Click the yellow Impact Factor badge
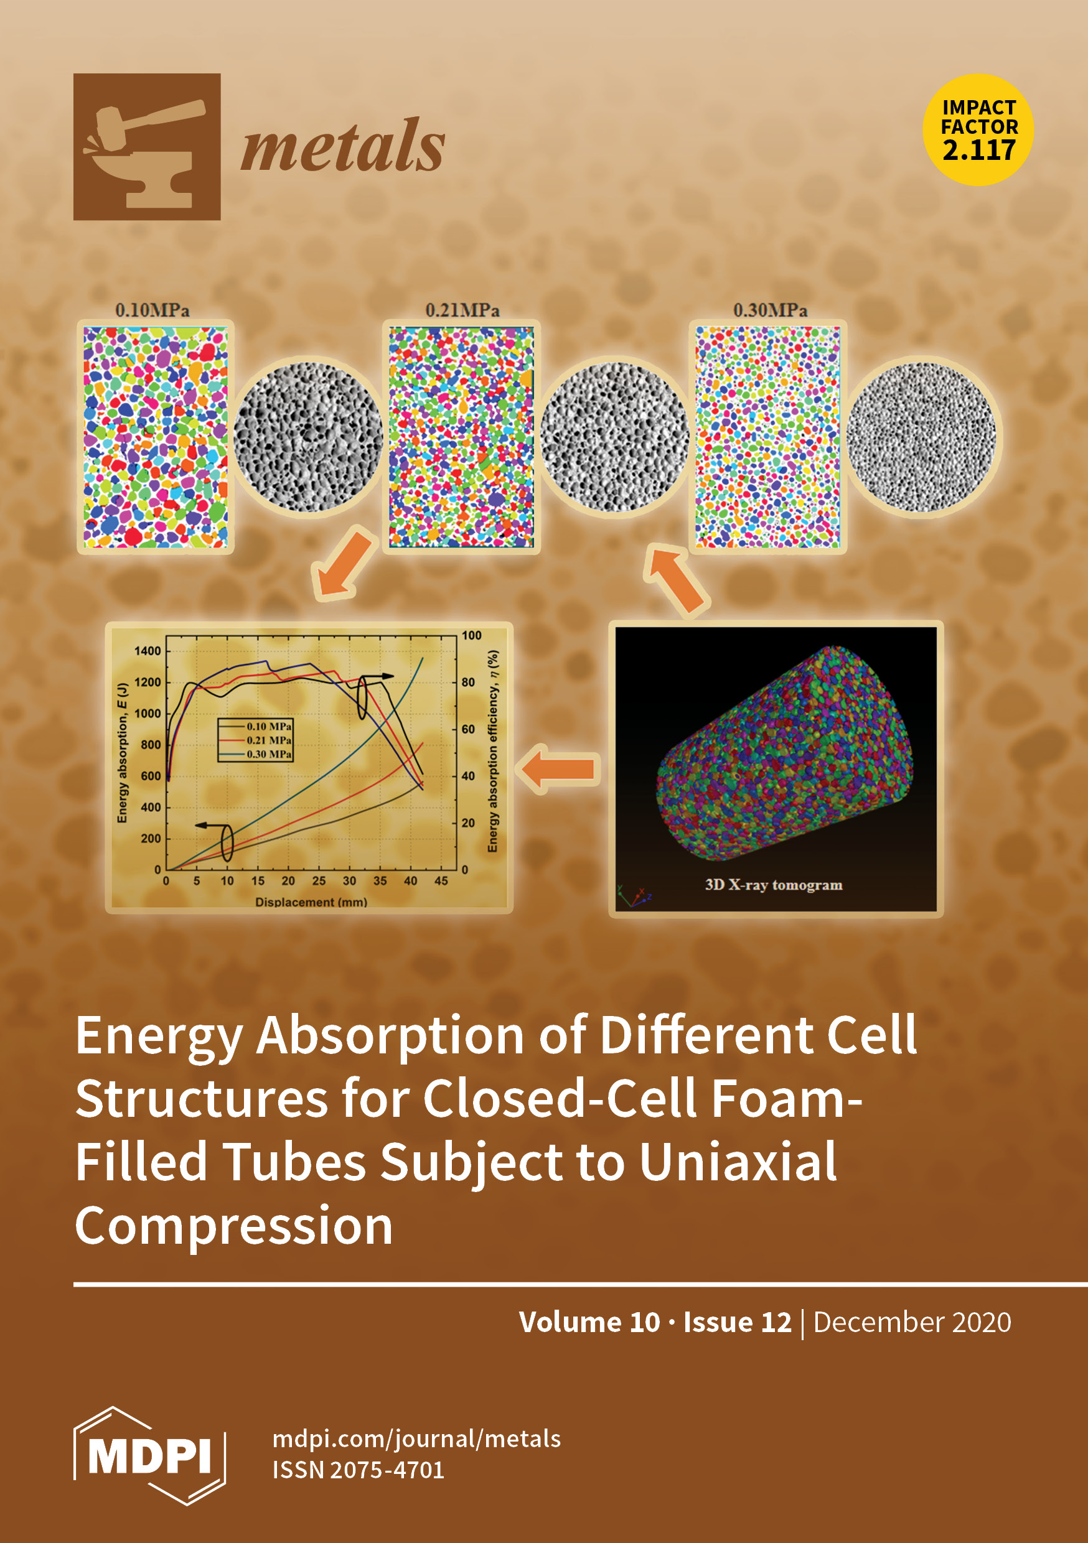978,129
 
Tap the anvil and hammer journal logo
147,146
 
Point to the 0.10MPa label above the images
152,310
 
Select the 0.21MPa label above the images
462,310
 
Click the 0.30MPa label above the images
770,310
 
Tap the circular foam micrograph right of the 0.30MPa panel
921,437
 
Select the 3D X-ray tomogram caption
773,885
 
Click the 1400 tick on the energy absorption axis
148,651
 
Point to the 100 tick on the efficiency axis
471,636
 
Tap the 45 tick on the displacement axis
441,881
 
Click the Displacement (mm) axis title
311,902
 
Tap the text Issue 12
738,1323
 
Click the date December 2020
912,1323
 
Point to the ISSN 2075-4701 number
359,1470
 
